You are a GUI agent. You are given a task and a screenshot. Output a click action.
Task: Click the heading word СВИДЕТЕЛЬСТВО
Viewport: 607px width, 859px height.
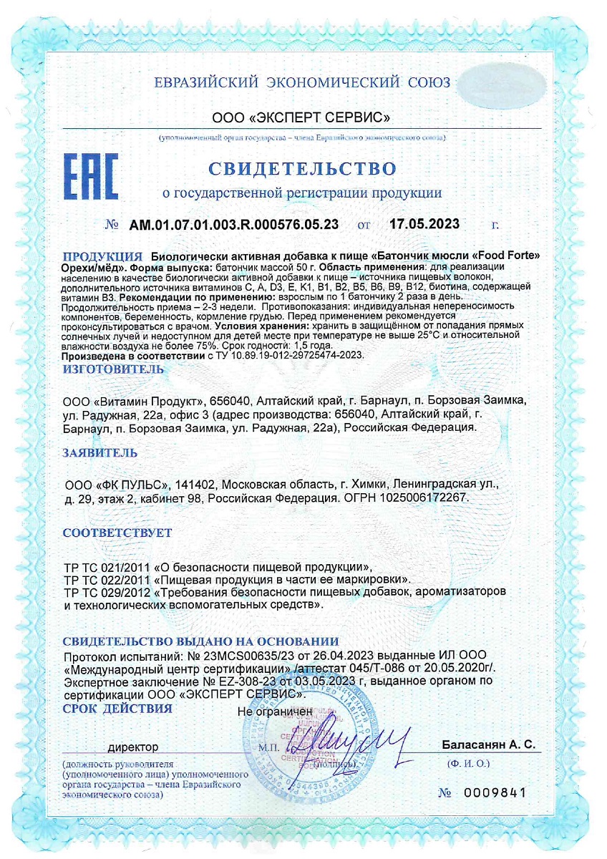(302, 169)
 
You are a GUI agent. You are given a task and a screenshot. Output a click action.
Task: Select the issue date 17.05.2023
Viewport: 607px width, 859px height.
(424, 224)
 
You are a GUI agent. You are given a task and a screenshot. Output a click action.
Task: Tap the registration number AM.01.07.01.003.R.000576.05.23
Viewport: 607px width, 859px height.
(234, 224)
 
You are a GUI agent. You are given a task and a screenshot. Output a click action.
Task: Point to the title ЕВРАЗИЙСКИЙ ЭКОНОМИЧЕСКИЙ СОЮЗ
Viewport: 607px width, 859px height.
(303, 82)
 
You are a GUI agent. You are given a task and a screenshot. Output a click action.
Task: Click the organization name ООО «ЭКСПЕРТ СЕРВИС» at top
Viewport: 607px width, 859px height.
(301, 117)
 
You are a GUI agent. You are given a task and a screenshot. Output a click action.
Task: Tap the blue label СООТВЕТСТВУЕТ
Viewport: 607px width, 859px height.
(117, 533)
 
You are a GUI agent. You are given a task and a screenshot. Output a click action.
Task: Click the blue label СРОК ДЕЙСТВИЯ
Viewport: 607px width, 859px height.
(117, 709)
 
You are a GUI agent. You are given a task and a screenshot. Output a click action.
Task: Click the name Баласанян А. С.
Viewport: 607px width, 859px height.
(489, 745)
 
